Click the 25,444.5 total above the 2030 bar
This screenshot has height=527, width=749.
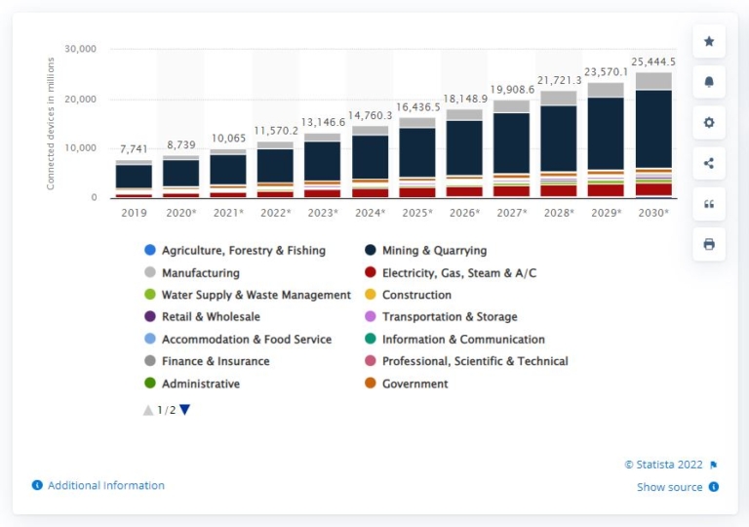(x=654, y=62)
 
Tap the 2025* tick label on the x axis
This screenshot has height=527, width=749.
(x=417, y=212)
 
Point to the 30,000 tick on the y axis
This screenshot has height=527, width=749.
(x=80, y=49)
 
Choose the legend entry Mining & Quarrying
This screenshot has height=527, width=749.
(x=434, y=251)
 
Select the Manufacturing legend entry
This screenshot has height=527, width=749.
(x=200, y=273)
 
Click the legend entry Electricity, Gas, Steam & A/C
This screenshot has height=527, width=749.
(x=459, y=273)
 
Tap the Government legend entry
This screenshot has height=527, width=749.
(x=414, y=384)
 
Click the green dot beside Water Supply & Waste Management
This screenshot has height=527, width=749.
(x=149, y=295)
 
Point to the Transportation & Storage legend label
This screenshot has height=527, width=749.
(x=450, y=317)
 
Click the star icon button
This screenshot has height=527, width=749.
(x=709, y=41)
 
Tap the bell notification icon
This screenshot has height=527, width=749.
(x=709, y=82)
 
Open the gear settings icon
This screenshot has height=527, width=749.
(x=709, y=122)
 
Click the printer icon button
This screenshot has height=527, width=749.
(x=709, y=244)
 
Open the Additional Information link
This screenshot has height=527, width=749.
(x=105, y=485)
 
